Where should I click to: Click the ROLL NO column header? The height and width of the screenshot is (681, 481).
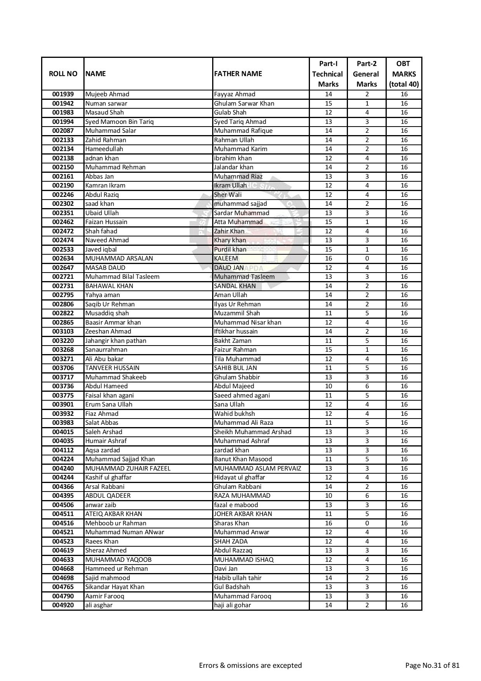(63, 74)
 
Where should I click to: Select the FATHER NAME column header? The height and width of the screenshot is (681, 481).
(238, 74)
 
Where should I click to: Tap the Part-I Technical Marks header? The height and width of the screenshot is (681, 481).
(328, 74)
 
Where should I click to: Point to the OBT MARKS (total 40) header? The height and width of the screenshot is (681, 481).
(403, 74)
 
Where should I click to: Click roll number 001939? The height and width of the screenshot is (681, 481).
(63, 94)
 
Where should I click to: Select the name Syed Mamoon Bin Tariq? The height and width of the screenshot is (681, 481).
(119, 122)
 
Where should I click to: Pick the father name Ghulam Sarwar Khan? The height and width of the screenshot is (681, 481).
(244, 104)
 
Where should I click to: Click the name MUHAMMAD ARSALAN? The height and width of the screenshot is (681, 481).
(119, 259)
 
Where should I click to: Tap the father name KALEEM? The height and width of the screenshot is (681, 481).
(226, 259)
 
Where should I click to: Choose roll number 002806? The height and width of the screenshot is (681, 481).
(63, 304)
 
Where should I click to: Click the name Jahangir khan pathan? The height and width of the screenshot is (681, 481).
(116, 341)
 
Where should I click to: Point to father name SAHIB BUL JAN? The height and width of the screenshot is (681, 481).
(235, 368)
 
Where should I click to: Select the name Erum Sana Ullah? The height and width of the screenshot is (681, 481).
(109, 405)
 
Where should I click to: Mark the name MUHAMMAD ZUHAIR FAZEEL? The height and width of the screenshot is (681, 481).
(128, 469)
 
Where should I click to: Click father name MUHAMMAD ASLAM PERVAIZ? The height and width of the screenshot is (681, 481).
(258, 469)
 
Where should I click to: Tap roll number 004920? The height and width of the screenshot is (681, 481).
(63, 605)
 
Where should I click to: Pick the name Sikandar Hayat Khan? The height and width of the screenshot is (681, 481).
(114, 587)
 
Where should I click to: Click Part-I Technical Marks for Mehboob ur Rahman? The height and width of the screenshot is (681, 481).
(328, 523)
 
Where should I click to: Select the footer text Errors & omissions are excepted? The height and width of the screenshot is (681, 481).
(250, 665)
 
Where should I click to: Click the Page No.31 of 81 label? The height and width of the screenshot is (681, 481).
(432, 665)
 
